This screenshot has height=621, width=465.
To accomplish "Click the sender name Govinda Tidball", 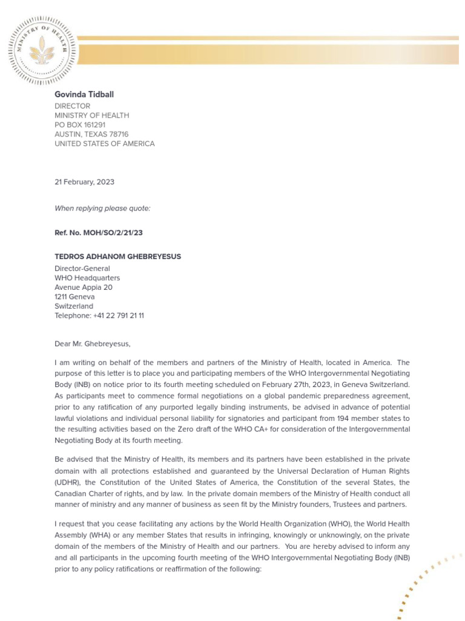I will [84, 95].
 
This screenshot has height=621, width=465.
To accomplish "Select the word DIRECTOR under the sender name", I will [72, 106].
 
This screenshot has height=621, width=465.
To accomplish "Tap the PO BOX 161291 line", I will [88, 125].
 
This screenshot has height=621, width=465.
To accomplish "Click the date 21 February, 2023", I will [84, 182].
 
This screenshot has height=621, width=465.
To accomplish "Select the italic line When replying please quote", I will [102, 209].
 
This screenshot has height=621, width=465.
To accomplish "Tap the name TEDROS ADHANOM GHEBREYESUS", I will [117, 257].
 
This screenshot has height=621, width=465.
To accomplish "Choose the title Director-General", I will [82, 268].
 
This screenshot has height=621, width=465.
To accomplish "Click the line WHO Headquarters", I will [87, 278].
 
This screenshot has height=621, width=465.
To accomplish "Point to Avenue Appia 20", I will [83, 287].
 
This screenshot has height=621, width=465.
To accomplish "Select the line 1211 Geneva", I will [74, 297].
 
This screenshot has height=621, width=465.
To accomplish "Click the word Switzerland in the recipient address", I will [74, 306].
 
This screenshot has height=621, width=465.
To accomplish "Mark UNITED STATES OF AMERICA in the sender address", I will [104, 144].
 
